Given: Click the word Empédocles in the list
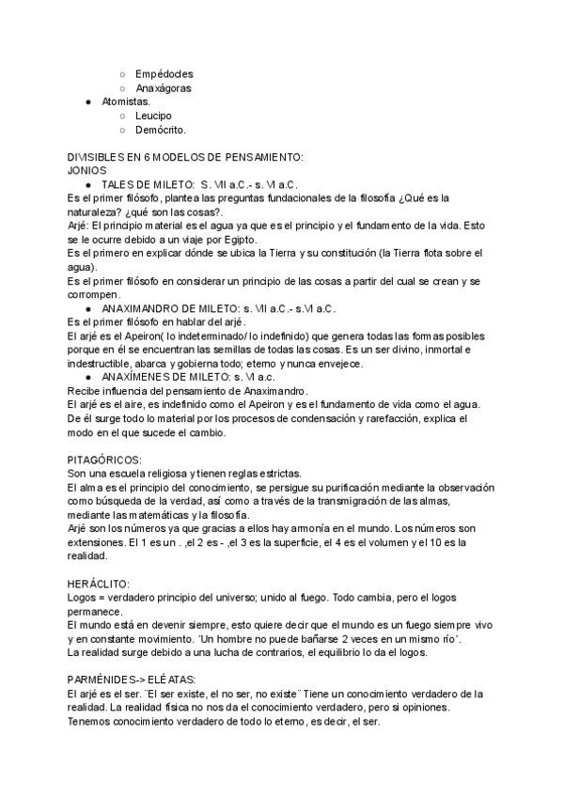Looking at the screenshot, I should (x=164, y=73).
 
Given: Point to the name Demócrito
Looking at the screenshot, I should (x=161, y=130).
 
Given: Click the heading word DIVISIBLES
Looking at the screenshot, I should (x=97, y=157).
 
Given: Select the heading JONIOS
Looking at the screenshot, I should (x=87, y=171).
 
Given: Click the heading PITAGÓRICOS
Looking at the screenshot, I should (x=104, y=460).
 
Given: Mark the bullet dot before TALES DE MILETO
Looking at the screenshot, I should (x=87, y=185).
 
